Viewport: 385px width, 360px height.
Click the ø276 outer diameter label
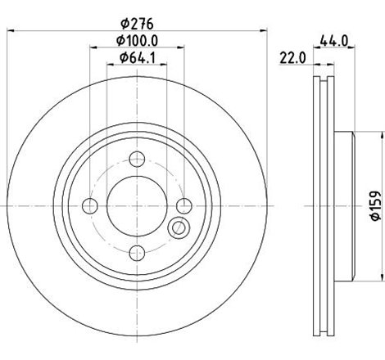point(137,24)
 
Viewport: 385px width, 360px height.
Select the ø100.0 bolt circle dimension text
point(137,40)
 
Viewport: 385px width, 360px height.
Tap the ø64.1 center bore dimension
point(137,56)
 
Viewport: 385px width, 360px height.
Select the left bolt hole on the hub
point(91,204)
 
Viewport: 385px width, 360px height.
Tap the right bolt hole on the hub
point(184,204)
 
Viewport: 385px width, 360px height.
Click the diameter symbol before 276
point(122,24)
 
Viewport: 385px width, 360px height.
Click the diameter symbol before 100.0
point(120,40)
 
